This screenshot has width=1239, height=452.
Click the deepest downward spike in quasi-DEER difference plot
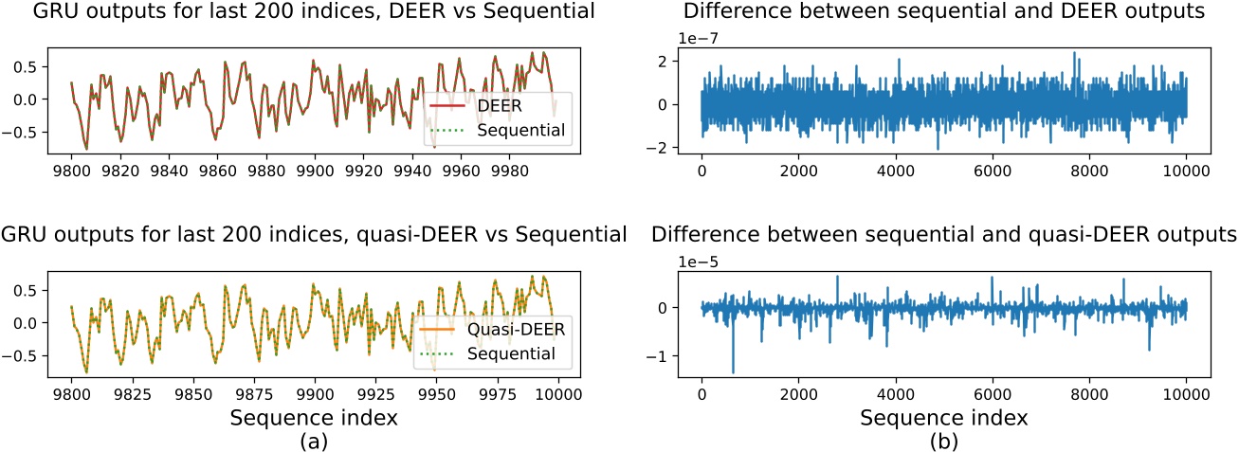733,371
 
